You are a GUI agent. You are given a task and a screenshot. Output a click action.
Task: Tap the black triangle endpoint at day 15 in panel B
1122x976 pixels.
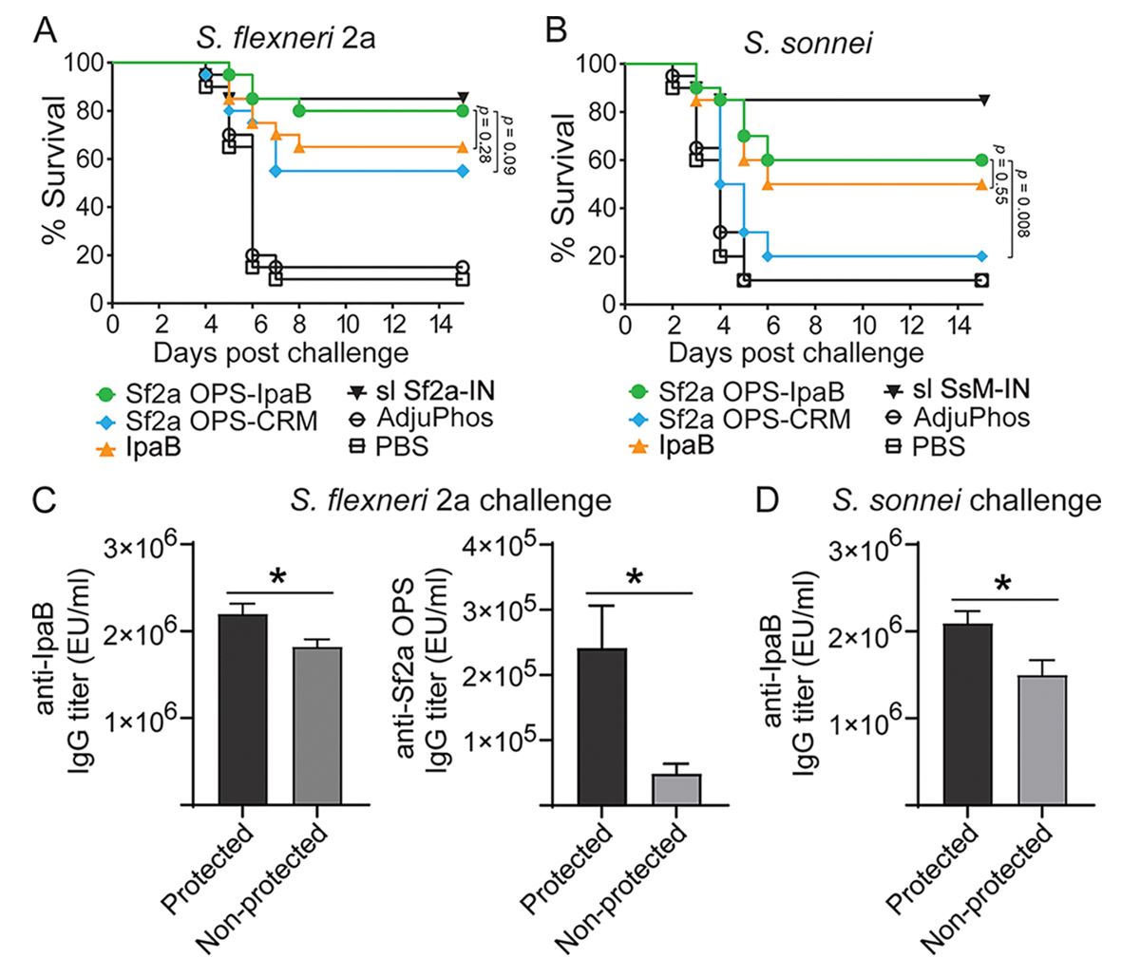click(983, 100)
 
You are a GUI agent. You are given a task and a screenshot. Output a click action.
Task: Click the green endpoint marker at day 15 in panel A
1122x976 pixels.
click(463, 111)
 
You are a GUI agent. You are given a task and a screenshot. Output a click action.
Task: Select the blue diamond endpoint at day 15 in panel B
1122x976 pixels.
click(982, 256)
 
